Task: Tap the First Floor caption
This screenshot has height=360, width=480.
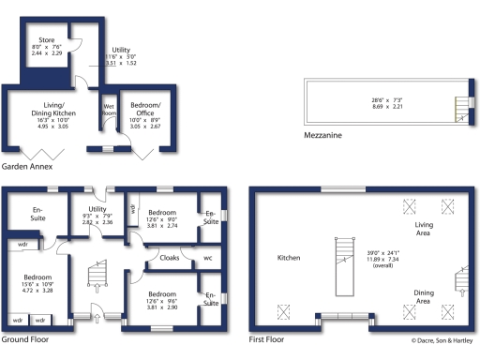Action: tap(267, 339)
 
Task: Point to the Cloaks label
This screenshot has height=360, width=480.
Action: tap(171, 257)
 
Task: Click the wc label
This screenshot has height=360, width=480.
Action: tap(208, 257)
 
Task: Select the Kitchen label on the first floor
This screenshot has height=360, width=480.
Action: tap(289, 257)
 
